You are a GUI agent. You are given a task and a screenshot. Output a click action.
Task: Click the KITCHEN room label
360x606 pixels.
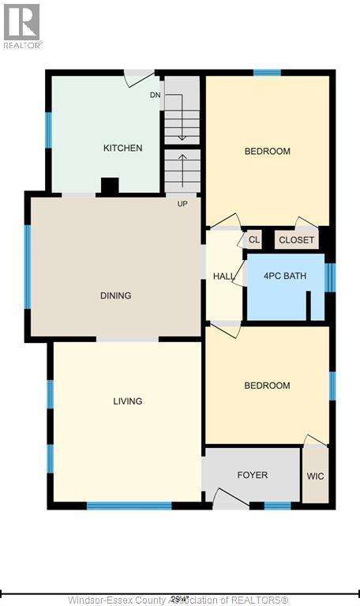(122, 148)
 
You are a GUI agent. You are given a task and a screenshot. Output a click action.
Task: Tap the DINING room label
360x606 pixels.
(115, 295)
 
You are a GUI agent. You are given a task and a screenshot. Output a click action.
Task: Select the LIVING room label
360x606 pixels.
(127, 401)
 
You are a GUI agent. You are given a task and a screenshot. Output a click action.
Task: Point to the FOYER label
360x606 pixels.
(252, 475)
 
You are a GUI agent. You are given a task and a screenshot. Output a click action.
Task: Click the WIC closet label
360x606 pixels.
(315, 476)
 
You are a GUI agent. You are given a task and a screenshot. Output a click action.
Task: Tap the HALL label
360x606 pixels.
(223, 277)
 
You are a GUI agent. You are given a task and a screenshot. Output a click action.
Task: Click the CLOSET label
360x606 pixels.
(297, 240)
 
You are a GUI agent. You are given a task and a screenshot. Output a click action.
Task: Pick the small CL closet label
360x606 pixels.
(254, 239)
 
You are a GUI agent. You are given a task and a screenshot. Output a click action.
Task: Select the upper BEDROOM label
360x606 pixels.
(267, 151)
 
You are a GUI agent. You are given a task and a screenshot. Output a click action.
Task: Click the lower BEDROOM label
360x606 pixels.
(267, 386)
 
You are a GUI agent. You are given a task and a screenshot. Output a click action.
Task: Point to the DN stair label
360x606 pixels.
(156, 96)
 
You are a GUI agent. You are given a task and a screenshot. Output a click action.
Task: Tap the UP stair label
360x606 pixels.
(182, 203)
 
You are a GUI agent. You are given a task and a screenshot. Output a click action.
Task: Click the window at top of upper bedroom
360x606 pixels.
(267, 73)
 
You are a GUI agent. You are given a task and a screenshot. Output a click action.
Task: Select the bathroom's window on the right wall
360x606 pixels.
(330, 277)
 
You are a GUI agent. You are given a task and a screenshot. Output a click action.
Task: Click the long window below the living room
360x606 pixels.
(129, 506)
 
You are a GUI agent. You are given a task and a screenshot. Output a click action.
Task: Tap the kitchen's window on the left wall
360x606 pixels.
(49, 130)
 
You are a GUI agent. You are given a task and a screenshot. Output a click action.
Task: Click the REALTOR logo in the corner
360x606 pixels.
(22, 24)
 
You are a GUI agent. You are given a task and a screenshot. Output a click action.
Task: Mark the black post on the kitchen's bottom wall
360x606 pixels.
(110, 186)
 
